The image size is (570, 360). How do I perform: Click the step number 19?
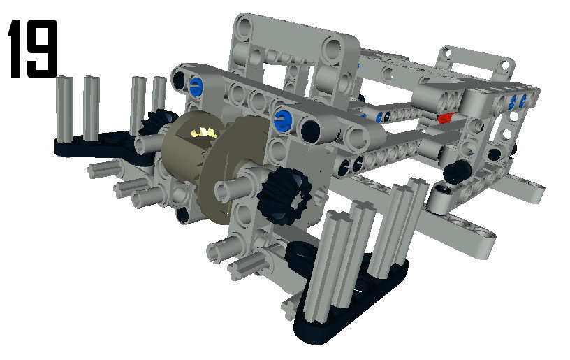33,49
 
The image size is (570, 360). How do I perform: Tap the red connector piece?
446,118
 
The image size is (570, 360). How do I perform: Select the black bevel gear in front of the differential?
284,196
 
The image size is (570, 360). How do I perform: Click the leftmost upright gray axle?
65,109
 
